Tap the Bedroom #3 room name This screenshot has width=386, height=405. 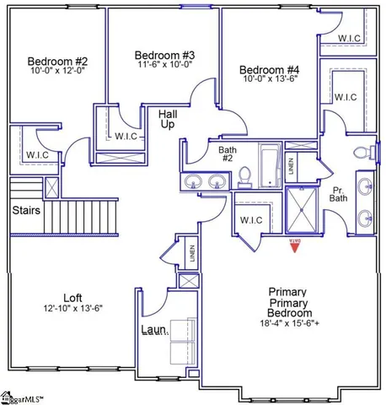coord(164,55)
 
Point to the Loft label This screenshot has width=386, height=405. coord(72,297)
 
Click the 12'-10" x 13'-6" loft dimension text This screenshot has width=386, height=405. coord(72,309)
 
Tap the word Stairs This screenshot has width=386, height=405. coord(27,210)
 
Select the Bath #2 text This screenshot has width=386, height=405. coord(227,155)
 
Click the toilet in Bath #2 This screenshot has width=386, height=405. coord(245,176)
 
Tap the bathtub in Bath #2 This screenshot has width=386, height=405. coord(270,166)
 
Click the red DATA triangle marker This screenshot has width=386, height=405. coord(295,245)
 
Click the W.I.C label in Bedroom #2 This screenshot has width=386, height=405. coord(36,154)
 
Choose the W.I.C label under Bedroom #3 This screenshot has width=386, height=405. coord(126,136)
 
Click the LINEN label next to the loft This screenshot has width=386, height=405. coord(192,253)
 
